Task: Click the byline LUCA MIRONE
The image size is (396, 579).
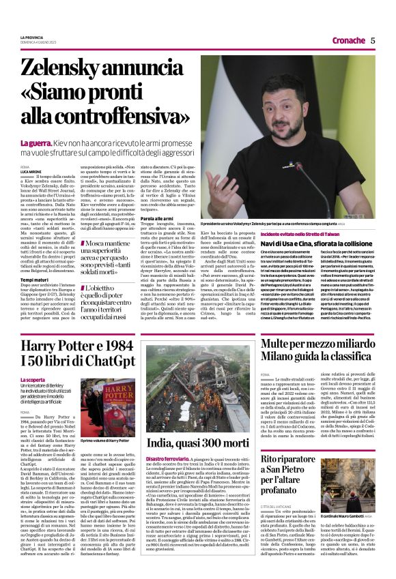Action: coord(31,170)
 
